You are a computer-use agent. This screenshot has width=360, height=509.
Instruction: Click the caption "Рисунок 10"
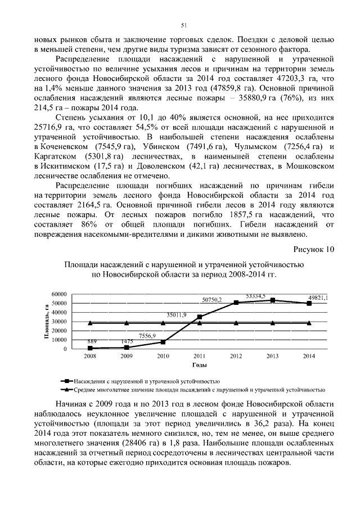tap(314, 249)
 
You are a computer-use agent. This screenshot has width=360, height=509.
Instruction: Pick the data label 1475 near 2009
tap(127, 341)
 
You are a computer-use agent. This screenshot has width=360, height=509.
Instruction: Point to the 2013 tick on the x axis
tap(273, 357)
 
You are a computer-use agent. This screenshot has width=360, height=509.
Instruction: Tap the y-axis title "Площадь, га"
tap(59, 322)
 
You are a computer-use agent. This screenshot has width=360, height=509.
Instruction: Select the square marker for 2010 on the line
tap(163, 342)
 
